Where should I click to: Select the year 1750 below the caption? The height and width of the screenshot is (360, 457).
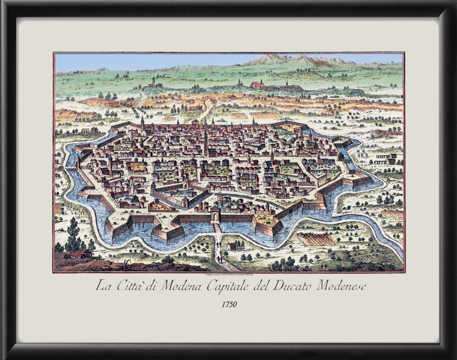(229, 304)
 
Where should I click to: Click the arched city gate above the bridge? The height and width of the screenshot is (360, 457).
(216, 215)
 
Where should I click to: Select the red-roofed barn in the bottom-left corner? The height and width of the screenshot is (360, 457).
(81, 254)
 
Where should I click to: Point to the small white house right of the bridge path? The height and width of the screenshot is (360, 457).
(233, 246)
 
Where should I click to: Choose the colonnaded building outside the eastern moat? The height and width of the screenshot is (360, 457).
(386, 158)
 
